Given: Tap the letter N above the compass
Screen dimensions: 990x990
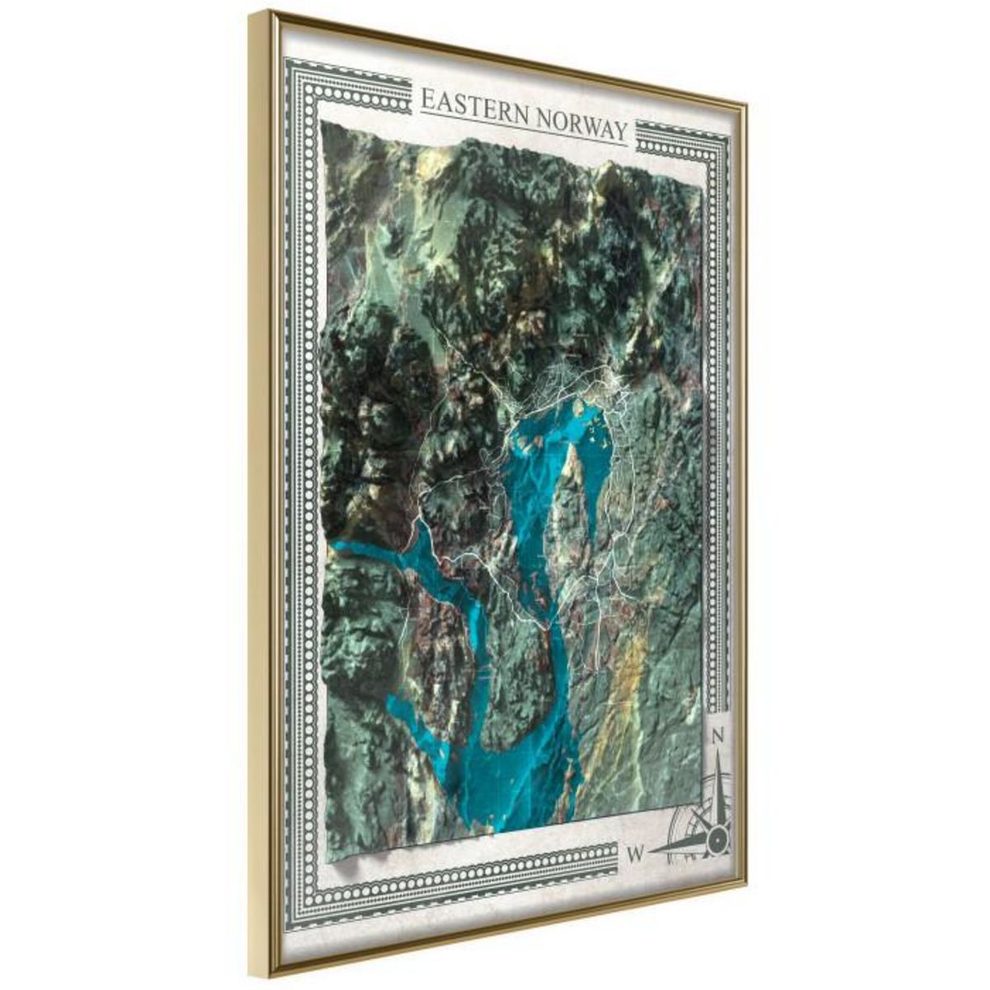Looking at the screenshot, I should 717,735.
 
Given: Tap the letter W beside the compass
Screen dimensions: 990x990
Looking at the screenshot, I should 635,853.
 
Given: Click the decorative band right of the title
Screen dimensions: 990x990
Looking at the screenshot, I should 676,140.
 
